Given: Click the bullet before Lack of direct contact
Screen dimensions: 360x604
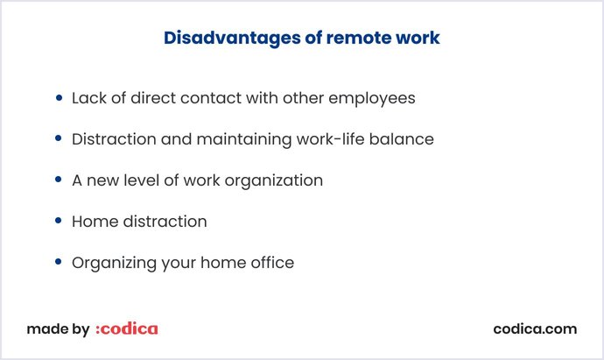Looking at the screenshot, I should pos(59,98).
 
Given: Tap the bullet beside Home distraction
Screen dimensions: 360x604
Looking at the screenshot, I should pos(59,222).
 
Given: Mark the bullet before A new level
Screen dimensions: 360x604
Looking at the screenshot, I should pos(59,180).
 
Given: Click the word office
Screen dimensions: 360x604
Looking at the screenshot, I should pos(271,263).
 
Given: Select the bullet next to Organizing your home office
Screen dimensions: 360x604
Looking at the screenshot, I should pos(59,263).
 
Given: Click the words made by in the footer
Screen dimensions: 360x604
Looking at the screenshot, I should pos(58,329).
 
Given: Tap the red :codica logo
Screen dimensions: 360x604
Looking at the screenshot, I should pos(127,329).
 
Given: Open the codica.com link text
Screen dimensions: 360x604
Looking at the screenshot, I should pos(535,329).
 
